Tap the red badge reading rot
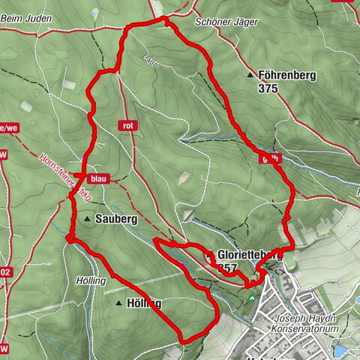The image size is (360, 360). pos(129,125)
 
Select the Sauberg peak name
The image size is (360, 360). pos(116,219)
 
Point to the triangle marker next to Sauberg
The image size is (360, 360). pos(88,219)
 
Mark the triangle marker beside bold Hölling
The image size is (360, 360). pos(119,304)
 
